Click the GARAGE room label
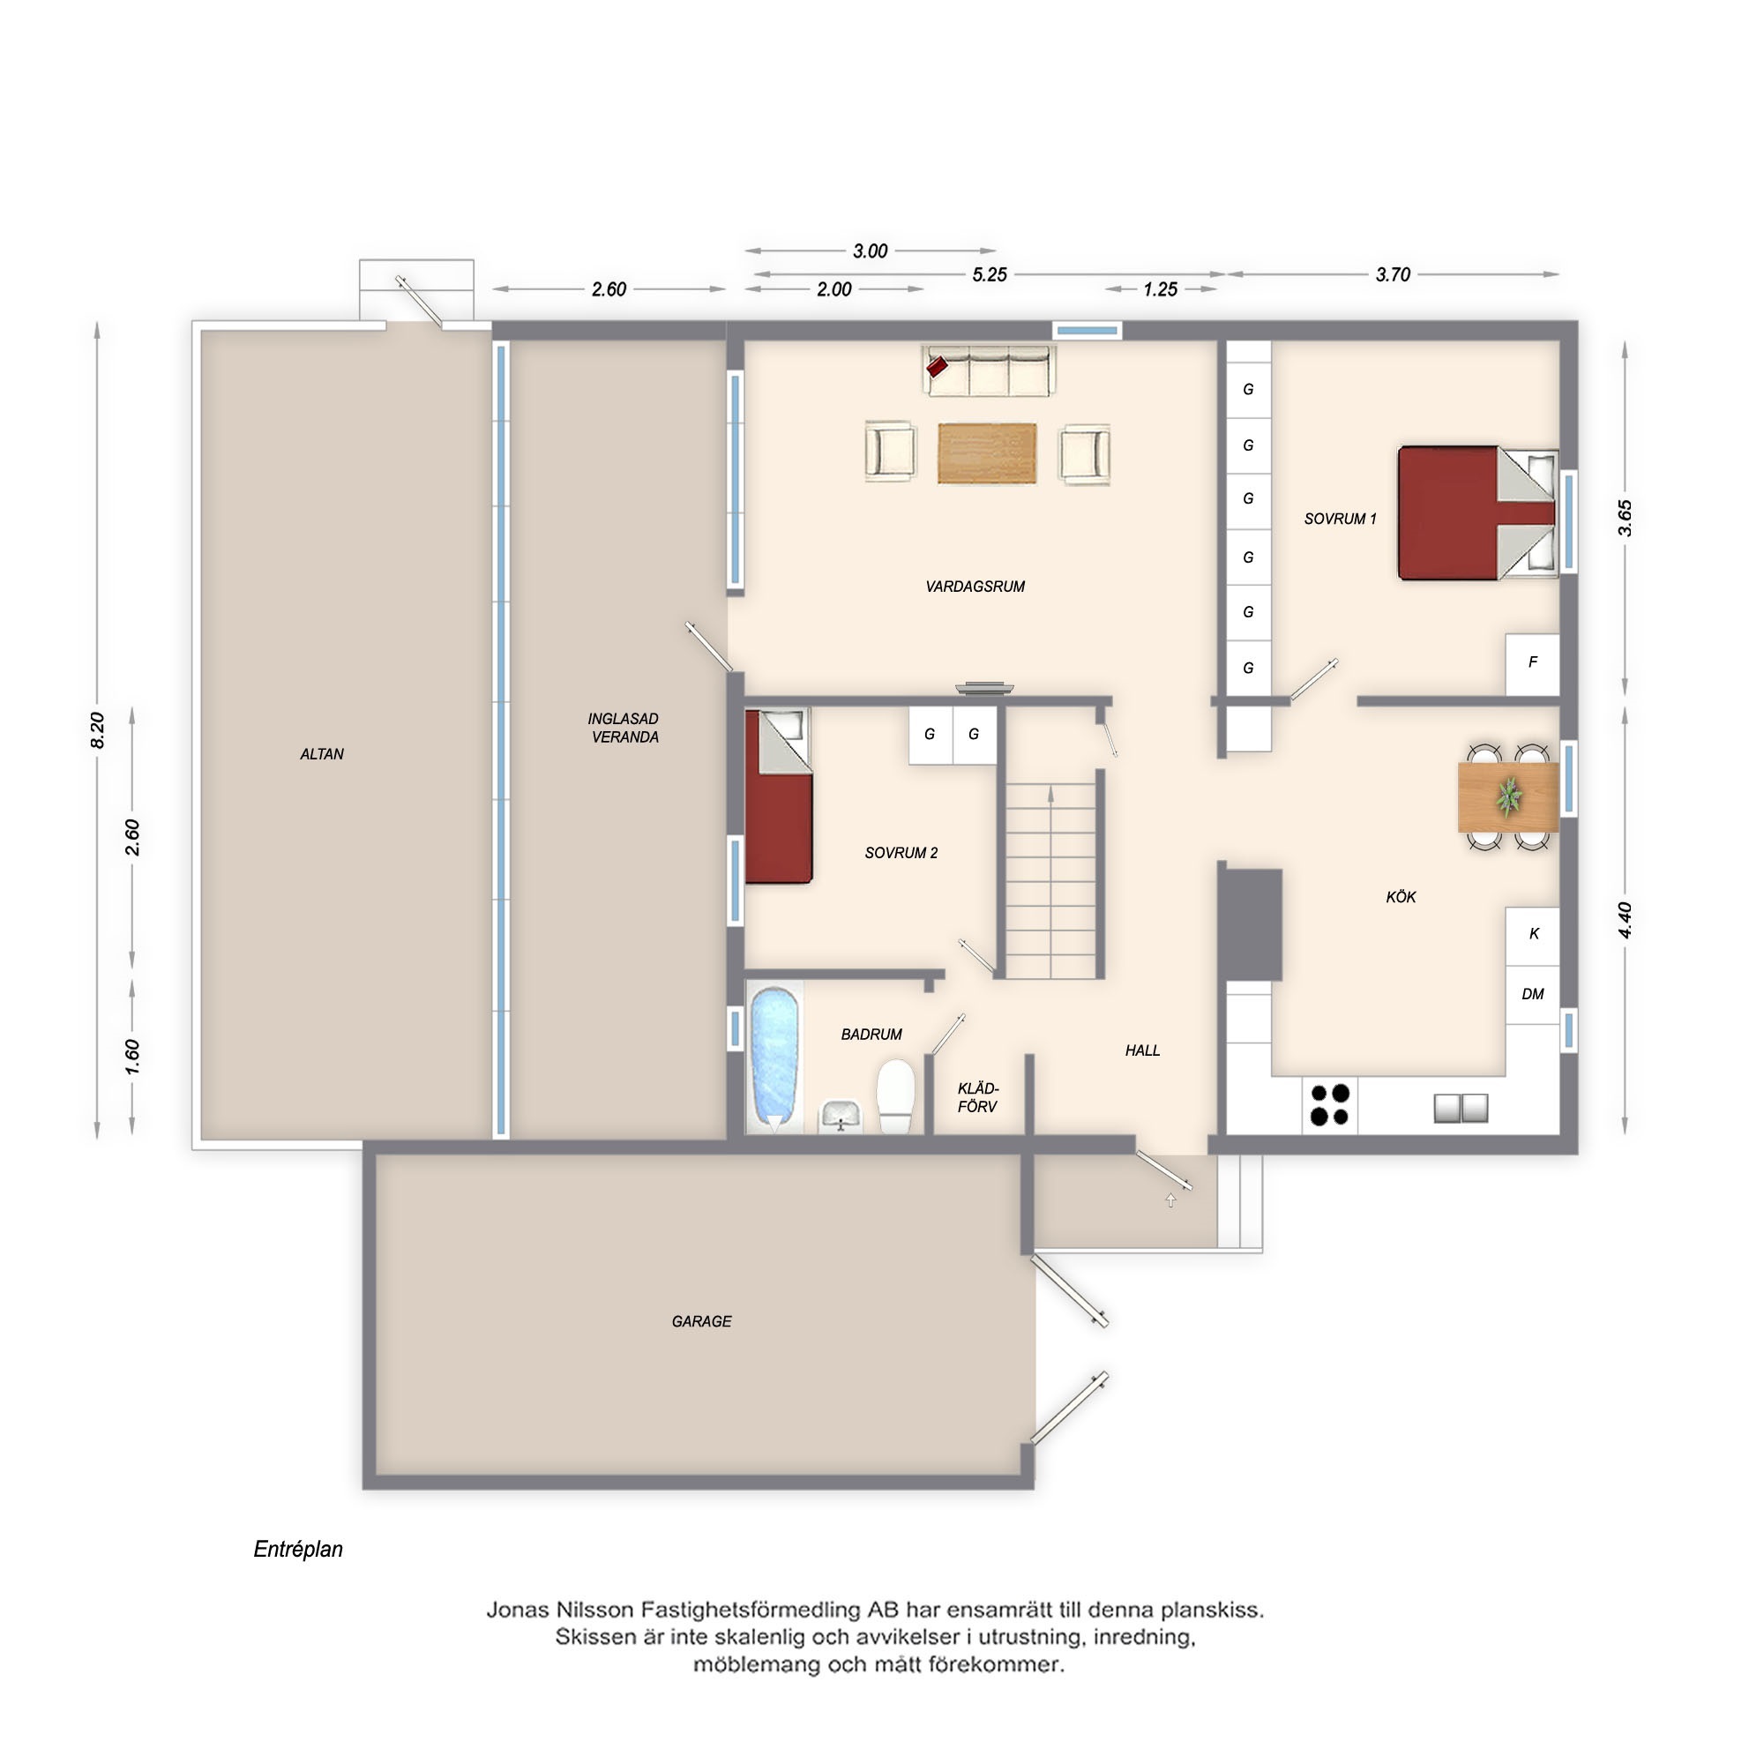click(x=701, y=1321)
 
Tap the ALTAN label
click(x=321, y=754)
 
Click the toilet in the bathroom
click(x=896, y=1095)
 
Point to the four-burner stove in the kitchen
click(x=1329, y=1105)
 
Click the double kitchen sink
click(x=1461, y=1109)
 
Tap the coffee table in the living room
click(x=987, y=452)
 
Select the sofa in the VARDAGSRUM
click(x=989, y=370)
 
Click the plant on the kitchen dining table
click(x=1508, y=797)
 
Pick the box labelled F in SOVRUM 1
click(x=1532, y=664)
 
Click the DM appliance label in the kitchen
click(x=1533, y=994)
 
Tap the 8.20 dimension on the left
click(x=98, y=730)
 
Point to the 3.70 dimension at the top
click(x=1393, y=274)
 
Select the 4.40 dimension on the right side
click(x=1626, y=919)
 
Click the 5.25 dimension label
click(x=990, y=275)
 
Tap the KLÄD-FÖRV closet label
click(x=978, y=1097)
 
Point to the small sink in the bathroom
click(x=840, y=1116)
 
